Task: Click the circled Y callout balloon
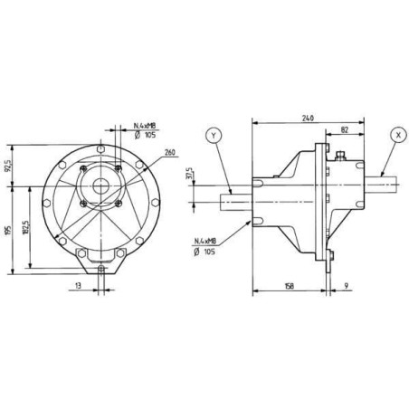pyautogui.click(x=214, y=136)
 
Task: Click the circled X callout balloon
pyautogui.click(x=398, y=135)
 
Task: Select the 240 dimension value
pyautogui.click(x=308, y=118)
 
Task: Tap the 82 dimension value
pyautogui.click(x=345, y=129)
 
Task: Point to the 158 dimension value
pyautogui.click(x=289, y=286)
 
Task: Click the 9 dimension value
pyautogui.click(x=346, y=285)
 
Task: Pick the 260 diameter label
pyautogui.click(x=170, y=152)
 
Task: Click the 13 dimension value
pyautogui.click(x=78, y=285)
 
